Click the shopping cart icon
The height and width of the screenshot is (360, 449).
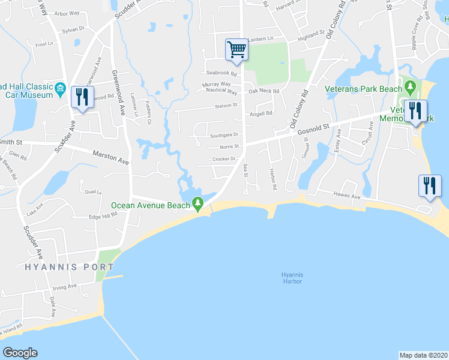tap(237, 50)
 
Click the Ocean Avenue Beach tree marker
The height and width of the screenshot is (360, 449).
tap(198, 205)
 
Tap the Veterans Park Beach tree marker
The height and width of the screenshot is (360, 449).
tap(410, 88)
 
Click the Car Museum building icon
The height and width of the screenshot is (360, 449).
tap(60, 90)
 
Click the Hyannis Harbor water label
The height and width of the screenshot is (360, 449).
tap(292, 278)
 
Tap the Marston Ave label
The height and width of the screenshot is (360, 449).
tap(111, 158)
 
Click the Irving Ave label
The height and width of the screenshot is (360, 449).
tap(64, 286)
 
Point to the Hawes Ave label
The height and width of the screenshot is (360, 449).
tap(347, 196)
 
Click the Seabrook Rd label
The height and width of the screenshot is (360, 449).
tap(222, 74)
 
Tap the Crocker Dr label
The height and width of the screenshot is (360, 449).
tap(225, 159)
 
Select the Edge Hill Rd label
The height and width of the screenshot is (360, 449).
tap(103, 216)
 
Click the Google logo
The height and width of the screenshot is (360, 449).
tap(20, 353)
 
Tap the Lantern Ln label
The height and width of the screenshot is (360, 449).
tap(260, 39)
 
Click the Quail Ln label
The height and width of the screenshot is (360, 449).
tap(93, 192)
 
